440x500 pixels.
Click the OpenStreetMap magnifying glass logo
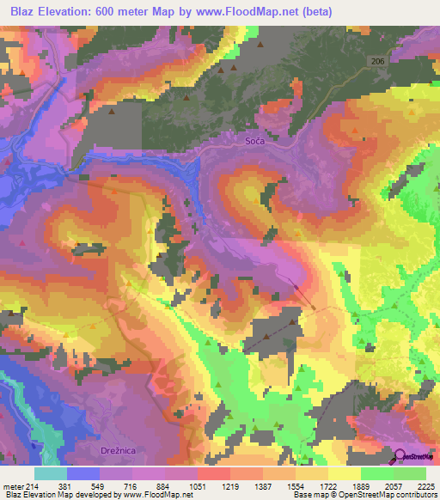[x=400, y=454]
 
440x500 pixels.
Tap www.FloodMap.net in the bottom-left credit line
[x=159, y=494]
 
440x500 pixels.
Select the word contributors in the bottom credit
[x=413, y=494]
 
